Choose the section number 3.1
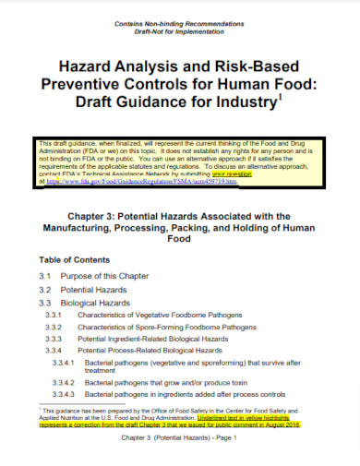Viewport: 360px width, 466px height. (x=44, y=277)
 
